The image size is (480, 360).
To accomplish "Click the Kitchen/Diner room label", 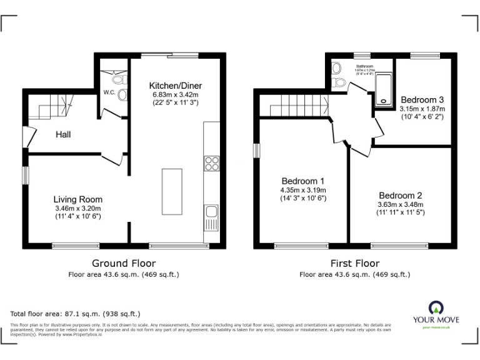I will (175, 86).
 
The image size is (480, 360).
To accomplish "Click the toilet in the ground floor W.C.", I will (122, 94).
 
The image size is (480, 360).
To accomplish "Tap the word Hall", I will (63, 134).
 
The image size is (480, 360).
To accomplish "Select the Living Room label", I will (77, 199).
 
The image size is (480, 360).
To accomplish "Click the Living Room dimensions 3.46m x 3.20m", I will (77, 208).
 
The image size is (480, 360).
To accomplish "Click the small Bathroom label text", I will (364, 66).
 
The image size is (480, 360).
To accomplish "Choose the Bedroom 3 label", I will (422, 99).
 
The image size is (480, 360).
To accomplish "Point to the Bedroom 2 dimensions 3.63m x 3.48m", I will (401, 204).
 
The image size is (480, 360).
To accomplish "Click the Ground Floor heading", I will (124, 263).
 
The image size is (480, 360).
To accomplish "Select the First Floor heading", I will (354, 263).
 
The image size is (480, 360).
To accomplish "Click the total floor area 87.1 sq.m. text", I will (76, 313).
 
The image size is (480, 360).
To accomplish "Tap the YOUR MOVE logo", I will (435, 313).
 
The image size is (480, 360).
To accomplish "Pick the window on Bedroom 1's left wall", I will (255, 152).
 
